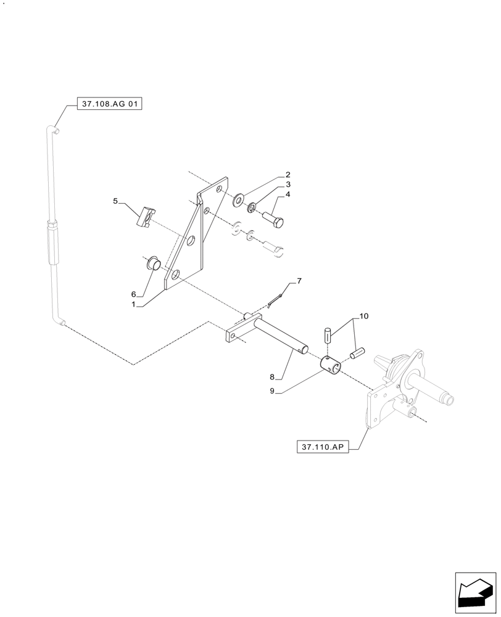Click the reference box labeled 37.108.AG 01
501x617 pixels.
point(110,105)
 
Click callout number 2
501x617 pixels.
point(288,175)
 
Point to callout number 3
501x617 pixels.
point(288,184)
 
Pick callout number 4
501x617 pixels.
point(288,194)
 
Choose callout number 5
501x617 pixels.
point(115,201)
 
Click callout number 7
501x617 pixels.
point(299,281)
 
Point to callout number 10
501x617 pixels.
point(363,317)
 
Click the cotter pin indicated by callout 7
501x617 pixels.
point(275,300)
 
